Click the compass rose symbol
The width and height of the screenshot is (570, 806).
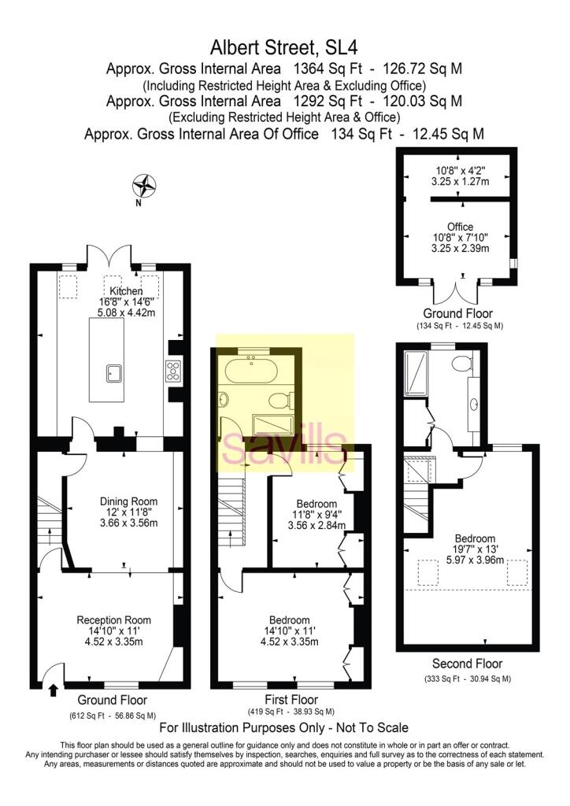(144, 186)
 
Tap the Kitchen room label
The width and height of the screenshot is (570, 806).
(126, 291)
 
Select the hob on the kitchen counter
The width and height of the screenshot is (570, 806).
(172, 371)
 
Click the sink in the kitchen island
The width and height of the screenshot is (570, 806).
(115, 373)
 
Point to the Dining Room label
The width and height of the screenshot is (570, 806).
(128, 501)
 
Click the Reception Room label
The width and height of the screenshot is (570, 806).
(113, 620)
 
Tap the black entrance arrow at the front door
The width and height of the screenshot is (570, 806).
(53, 690)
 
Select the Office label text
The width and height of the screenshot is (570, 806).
(460, 227)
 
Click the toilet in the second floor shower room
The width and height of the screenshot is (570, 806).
(462, 364)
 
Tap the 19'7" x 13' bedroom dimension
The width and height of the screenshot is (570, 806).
(475, 549)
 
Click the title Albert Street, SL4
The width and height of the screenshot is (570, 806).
(284, 47)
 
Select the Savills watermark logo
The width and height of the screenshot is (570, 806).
(284, 447)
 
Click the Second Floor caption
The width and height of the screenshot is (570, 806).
(467, 664)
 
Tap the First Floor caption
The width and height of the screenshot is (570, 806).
(291, 700)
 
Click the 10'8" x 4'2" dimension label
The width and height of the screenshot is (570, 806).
(460, 171)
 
